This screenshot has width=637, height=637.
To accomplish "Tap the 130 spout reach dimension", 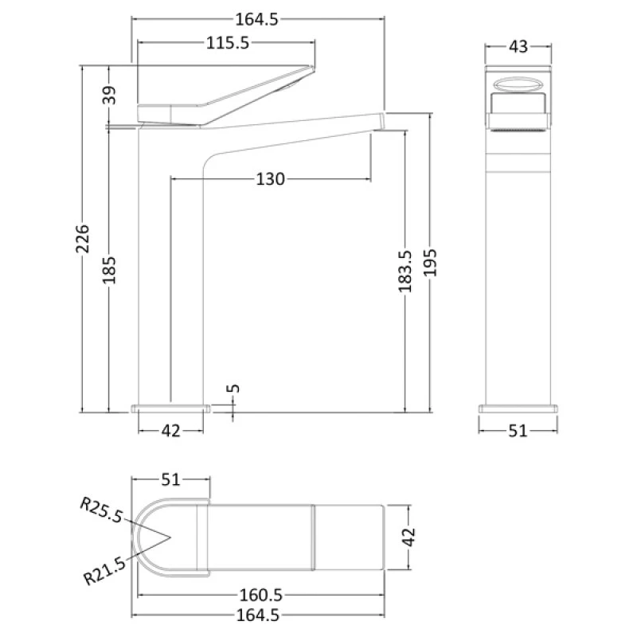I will [270, 179].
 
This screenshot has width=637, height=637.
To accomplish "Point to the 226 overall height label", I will [83, 239].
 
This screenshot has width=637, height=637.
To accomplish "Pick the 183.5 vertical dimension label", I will [405, 271].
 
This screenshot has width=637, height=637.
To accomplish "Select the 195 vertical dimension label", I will [431, 262].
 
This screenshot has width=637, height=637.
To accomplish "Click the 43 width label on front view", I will [518, 46].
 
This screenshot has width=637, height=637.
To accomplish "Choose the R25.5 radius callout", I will [100, 510].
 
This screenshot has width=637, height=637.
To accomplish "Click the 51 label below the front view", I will [518, 431].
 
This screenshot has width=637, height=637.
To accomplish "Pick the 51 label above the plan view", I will [170, 479].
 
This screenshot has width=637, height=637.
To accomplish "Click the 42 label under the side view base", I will [170, 431].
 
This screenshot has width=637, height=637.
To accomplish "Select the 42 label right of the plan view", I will [408, 537].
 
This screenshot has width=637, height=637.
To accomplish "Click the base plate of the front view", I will [518, 409].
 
